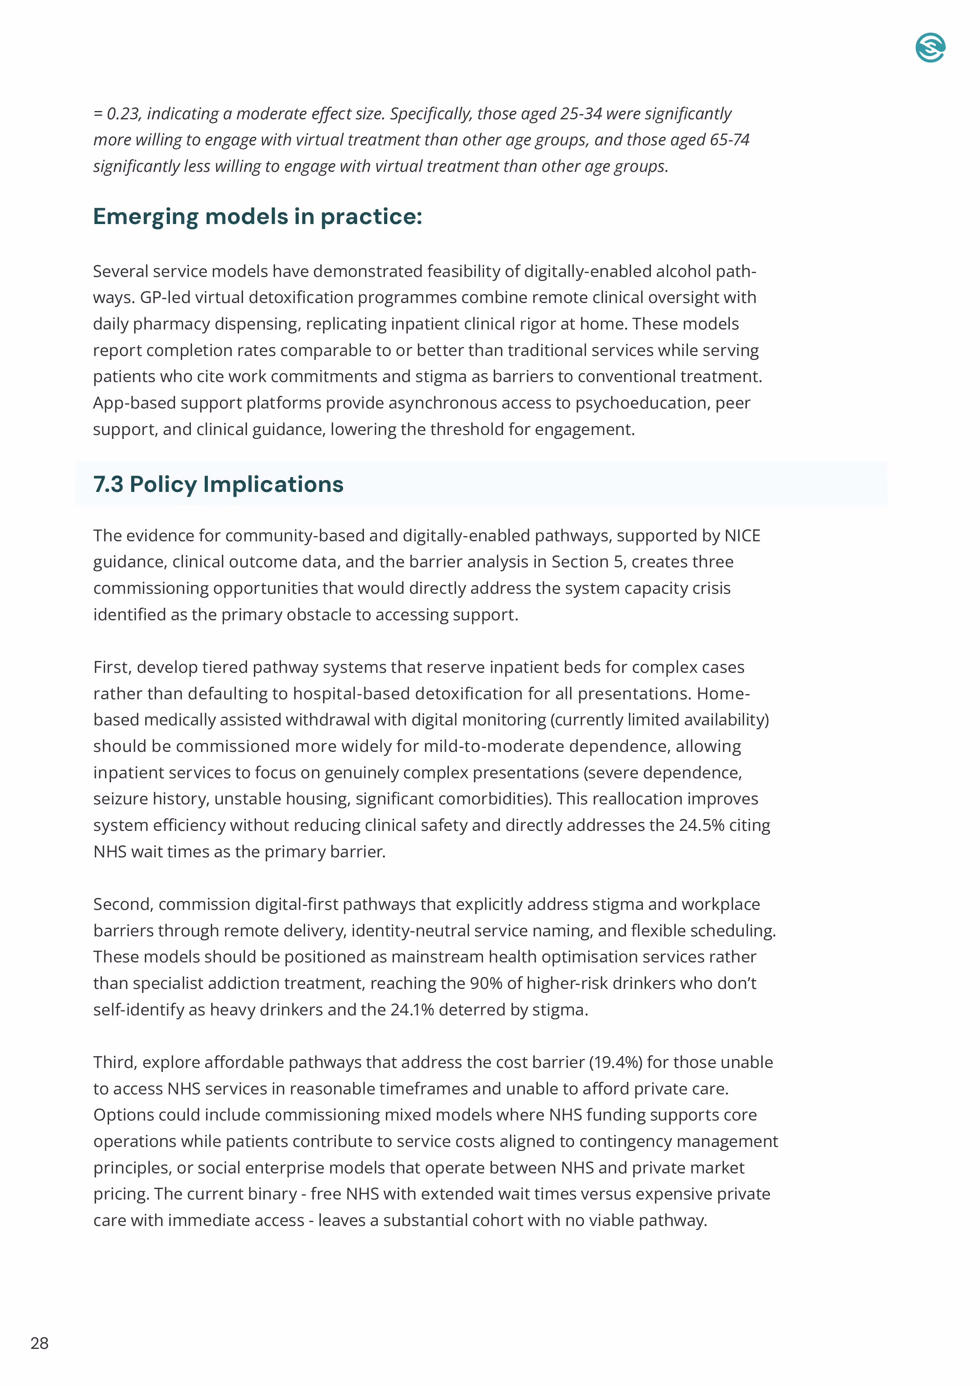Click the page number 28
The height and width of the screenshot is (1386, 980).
(39, 1343)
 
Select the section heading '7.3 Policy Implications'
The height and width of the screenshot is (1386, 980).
(218, 484)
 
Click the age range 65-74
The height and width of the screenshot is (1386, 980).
(729, 140)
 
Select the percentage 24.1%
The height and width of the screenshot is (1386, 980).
(412, 1010)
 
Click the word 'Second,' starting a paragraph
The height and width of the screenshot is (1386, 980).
(123, 904)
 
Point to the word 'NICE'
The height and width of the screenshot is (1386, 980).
(742, 535)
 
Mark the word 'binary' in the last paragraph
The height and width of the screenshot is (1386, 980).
(272, 1194)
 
